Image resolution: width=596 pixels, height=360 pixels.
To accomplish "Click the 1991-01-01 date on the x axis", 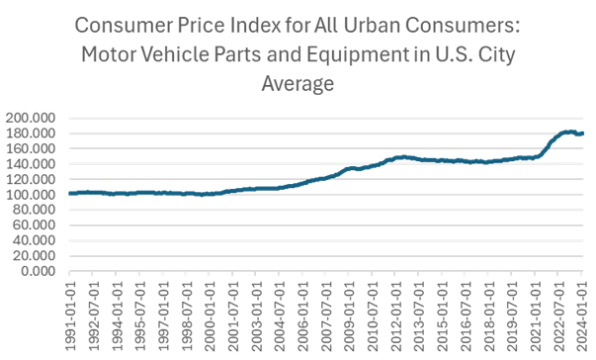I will (x=70, y=312).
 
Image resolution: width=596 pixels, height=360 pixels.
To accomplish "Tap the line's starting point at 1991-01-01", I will (x=69, y=194).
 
